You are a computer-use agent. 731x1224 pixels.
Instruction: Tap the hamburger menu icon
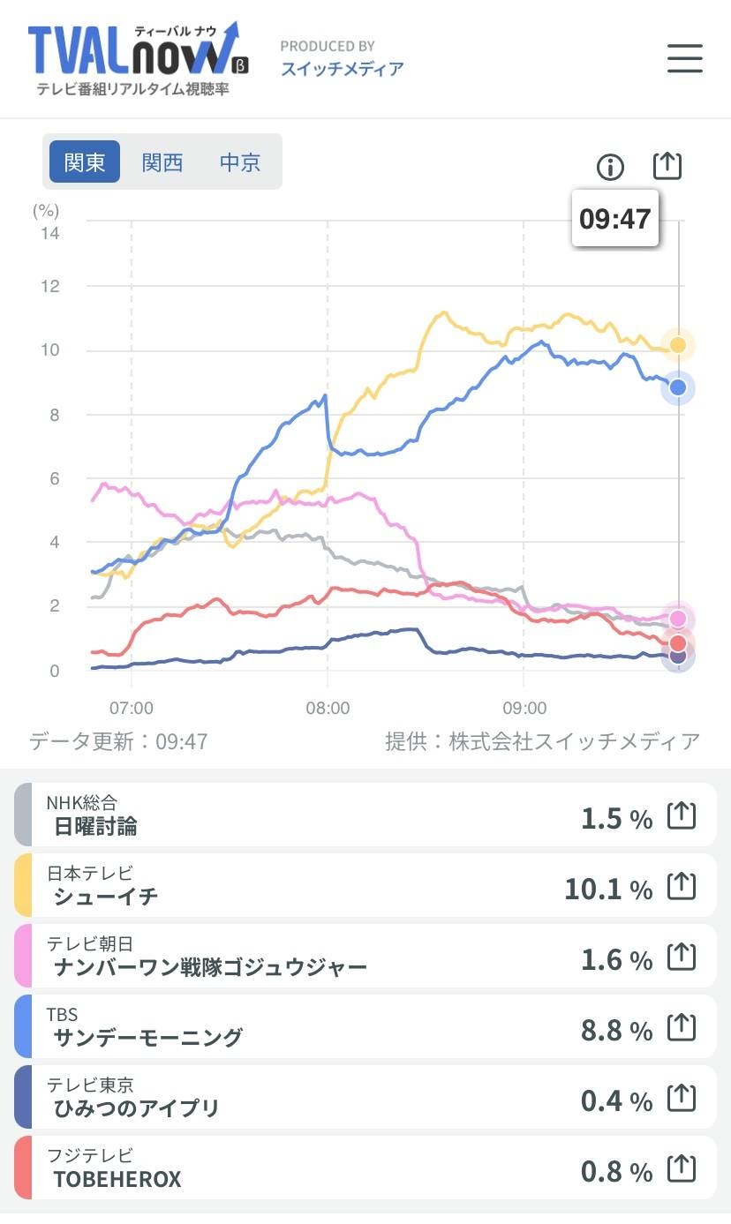coord(684,58)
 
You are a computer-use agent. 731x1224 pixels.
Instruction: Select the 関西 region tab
coord(162,162)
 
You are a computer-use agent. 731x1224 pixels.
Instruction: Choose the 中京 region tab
coord(240,162)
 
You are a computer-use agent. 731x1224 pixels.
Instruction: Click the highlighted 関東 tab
coord(85,162)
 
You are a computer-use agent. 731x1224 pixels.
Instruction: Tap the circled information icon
coord(610,166)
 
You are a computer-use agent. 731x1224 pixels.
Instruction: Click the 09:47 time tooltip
coord(614,218)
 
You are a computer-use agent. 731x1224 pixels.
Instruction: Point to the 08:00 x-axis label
coord(328,708)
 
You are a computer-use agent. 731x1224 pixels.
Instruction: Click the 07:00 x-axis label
coord(132,708)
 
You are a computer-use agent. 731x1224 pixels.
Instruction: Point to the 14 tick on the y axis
coord(50,233)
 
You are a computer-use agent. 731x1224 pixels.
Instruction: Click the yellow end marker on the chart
coord(678,344)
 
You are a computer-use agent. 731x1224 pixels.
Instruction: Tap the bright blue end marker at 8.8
coord(678,387)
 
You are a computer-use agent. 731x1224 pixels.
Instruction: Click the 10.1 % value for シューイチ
coord(607,889)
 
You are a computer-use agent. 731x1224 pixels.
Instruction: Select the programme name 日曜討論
coord(95,826)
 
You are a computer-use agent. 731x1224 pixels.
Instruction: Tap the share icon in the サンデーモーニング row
coord(682,1028)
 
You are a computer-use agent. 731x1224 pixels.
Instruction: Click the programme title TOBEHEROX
coord(117,1179)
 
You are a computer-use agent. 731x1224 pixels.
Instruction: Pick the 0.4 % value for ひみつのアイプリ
coord(616,1100)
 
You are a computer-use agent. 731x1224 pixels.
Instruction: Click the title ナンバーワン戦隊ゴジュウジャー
coord(210,967)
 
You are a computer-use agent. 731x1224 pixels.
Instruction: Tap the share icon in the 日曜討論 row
coord(682,816)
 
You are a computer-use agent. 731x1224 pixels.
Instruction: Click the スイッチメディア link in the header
coord(342,69)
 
